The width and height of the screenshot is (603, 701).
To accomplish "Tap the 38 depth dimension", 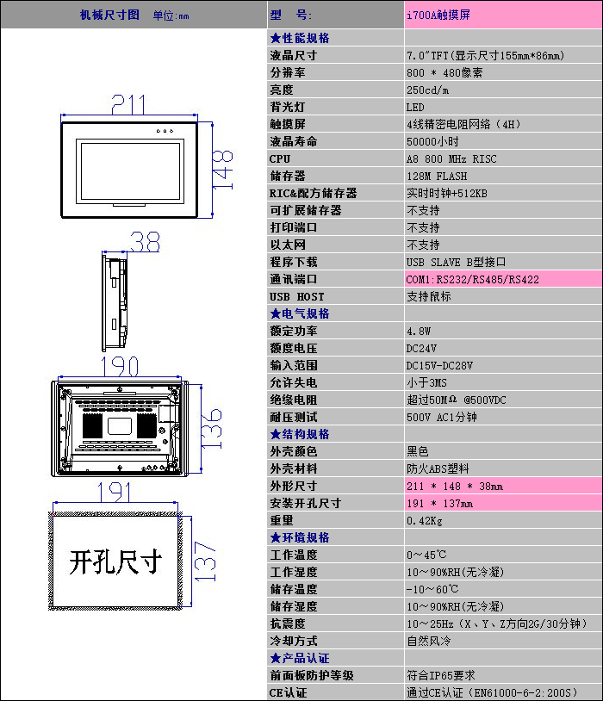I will click(x=145, y=243).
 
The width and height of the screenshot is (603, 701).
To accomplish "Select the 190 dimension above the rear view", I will click(x=121, y=366).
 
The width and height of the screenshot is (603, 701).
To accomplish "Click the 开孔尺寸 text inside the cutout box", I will click(x=115, y=561).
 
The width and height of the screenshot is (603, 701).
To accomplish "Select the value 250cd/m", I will click(x=427, y=90).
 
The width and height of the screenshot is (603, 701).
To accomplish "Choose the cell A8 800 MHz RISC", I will click(x=451, y=158).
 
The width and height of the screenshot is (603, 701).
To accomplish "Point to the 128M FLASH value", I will click(x=437, y=176).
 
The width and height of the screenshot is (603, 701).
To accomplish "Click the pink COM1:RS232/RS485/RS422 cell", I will click(x=473, y=279).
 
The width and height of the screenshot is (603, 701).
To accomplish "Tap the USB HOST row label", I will click(x=296, y=296).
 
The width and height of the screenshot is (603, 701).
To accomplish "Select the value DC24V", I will click(x=421, y=348).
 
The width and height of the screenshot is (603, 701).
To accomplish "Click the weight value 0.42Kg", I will click(x=424, y=520).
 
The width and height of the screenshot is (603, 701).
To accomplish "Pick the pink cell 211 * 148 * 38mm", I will click(x=455, y=486).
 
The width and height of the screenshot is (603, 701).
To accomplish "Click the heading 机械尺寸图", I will click(x=109, y=15).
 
